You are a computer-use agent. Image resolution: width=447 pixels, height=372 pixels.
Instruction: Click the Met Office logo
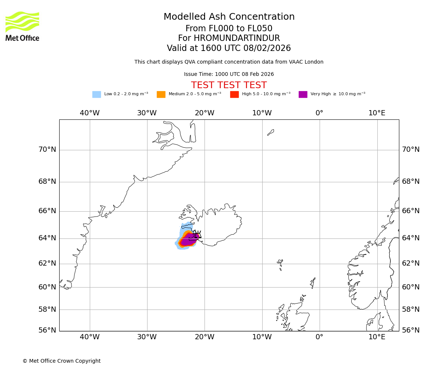point(22,26)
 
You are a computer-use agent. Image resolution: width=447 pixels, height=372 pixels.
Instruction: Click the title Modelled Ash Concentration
point(229,17)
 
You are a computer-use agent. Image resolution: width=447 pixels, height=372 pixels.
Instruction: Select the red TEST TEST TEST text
point(229,86)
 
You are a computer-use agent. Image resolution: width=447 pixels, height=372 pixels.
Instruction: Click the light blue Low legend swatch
point(96,94)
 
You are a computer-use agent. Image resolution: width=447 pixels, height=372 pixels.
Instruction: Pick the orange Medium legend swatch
point(161,94)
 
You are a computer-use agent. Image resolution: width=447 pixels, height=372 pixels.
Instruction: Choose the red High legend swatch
point(234,94)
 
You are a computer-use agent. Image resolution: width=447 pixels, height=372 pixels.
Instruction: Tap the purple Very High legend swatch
point(303,94)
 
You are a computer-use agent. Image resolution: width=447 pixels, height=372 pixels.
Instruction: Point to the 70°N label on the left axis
point(47,150)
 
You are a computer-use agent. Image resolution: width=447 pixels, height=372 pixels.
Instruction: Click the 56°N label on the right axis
point(410,330)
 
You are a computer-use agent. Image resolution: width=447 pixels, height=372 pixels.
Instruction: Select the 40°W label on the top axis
point(90,113)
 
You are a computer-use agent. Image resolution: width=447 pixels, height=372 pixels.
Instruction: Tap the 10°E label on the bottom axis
point(377,337)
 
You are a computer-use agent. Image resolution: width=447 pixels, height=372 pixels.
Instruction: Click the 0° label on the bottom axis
point(319,337)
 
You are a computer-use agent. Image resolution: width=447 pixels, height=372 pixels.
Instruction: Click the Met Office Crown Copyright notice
point(61,361)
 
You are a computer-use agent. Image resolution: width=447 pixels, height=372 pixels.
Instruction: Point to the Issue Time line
point(229,74)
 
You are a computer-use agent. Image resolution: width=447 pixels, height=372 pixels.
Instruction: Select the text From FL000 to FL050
point(229,29)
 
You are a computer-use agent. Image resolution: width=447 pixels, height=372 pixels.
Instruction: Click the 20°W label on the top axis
point(205,113)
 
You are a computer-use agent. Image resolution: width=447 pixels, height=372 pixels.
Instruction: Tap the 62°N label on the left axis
point(47,263)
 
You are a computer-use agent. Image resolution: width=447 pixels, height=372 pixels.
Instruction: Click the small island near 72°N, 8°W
point(271,132)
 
